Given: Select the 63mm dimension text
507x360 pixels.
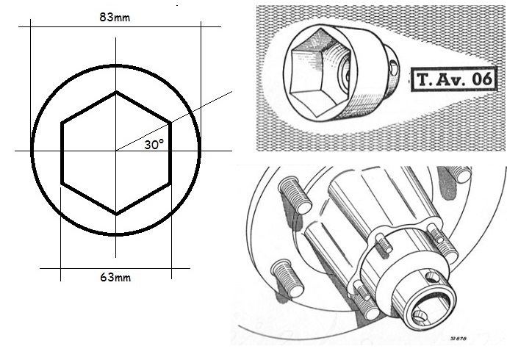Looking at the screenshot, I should (x=115, y=278).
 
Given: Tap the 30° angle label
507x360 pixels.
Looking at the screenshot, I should (x=155, y=145).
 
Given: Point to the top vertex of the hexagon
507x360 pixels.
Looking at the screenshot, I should (x=115, y=92).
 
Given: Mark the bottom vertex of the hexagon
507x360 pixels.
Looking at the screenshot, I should (x=115, y=214).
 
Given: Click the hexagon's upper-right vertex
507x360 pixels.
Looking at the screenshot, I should (x=170, y=121).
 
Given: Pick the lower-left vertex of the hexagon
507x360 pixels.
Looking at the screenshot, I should (x=61, y=183).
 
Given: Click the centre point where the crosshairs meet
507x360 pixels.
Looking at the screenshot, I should (x=115, y=151).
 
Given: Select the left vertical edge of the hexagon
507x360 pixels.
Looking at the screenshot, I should (x=61, y=152).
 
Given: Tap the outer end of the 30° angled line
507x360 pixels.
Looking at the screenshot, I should (x=231, y=91).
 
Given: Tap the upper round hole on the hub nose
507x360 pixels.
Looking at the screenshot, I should (x=431, y=276).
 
